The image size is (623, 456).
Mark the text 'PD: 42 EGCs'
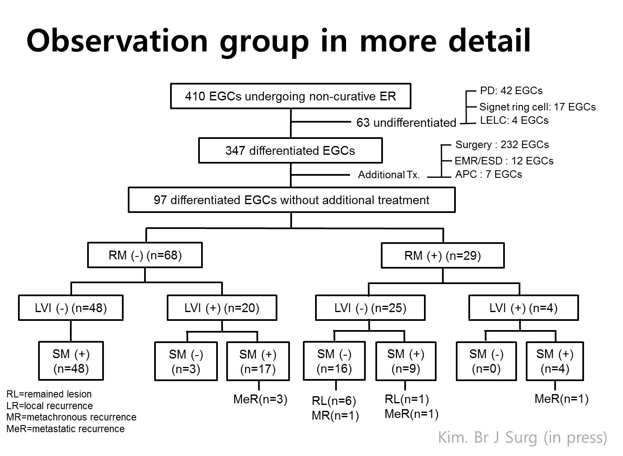coord(511,90)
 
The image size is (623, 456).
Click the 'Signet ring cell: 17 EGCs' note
coord(538,107)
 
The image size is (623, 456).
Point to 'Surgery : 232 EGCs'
coord(502,144)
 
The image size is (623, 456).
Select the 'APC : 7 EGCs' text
coord(489,174)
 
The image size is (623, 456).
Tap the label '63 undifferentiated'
coord(406,123)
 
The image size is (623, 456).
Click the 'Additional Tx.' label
coord(389,175)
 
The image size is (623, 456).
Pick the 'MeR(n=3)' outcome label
coord(260,400)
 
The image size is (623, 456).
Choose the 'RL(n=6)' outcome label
coord(334,401)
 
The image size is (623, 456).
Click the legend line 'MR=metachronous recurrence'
coord(72,417)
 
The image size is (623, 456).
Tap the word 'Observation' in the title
coord(117,41)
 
